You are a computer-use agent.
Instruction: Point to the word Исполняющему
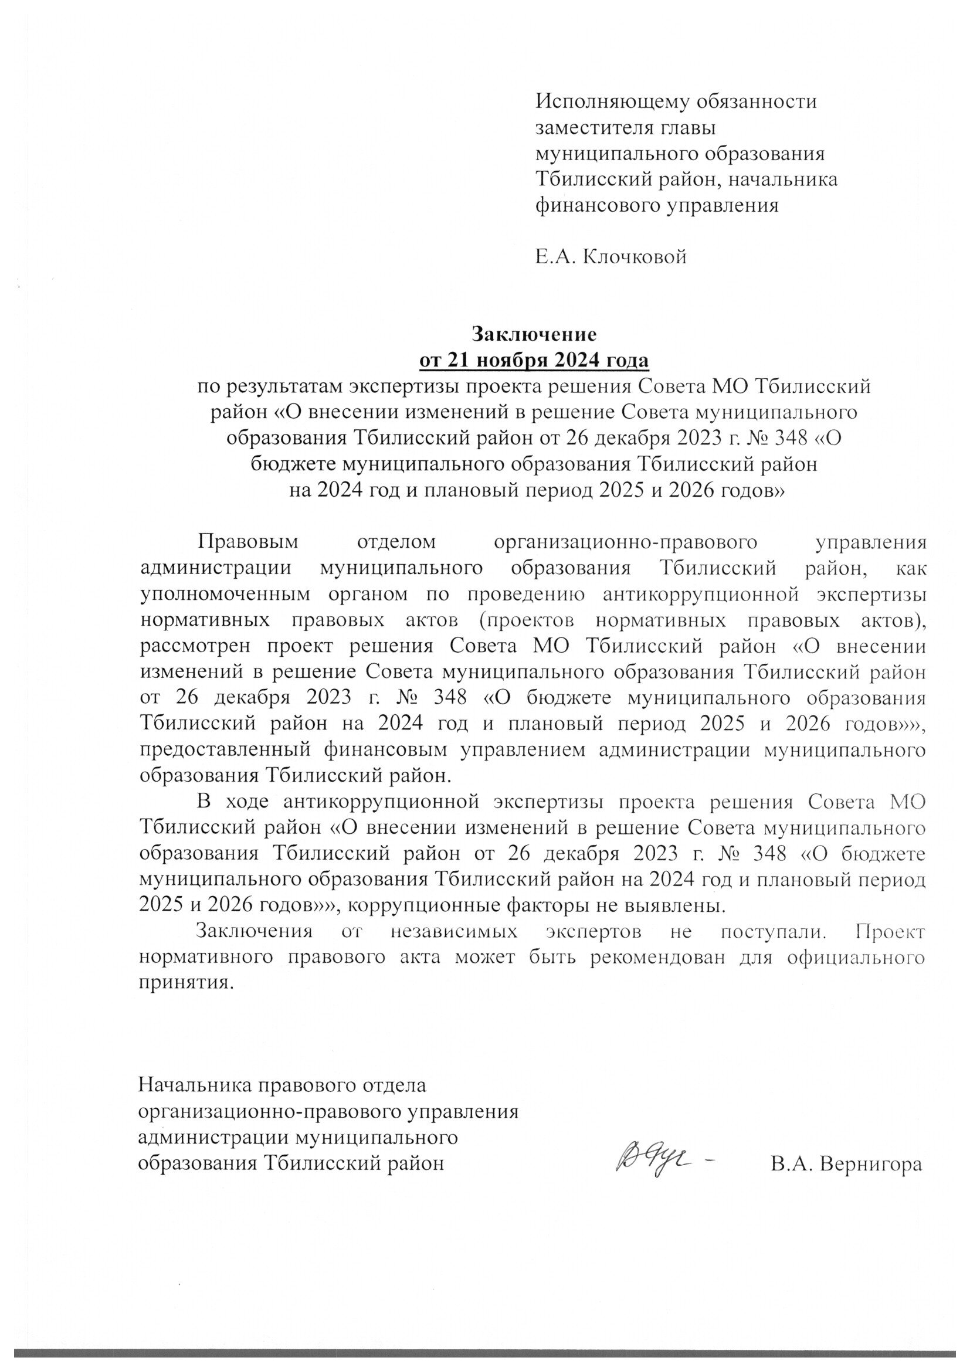click(x=608, y=101)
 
